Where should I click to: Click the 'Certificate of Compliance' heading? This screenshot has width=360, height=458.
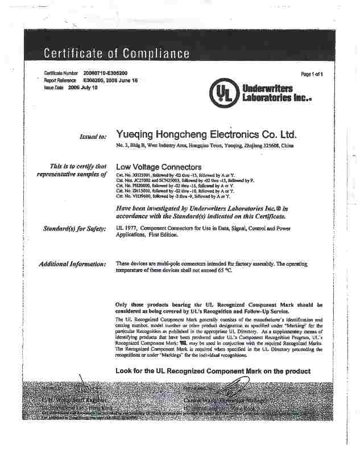point(117,54)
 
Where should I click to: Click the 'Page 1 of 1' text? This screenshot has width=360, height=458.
point(312,75)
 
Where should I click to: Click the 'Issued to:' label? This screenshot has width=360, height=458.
point(93,137)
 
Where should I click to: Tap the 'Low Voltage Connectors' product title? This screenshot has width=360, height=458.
point(159,167)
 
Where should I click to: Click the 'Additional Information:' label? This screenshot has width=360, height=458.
point(72,264)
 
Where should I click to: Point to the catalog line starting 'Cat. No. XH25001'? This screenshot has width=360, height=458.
point(176,175)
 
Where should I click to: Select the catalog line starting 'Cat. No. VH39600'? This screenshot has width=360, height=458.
point(175,196)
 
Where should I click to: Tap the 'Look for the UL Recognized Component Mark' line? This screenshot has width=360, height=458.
point(213,371)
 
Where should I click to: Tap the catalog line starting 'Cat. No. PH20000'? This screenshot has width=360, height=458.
point(175,185)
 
